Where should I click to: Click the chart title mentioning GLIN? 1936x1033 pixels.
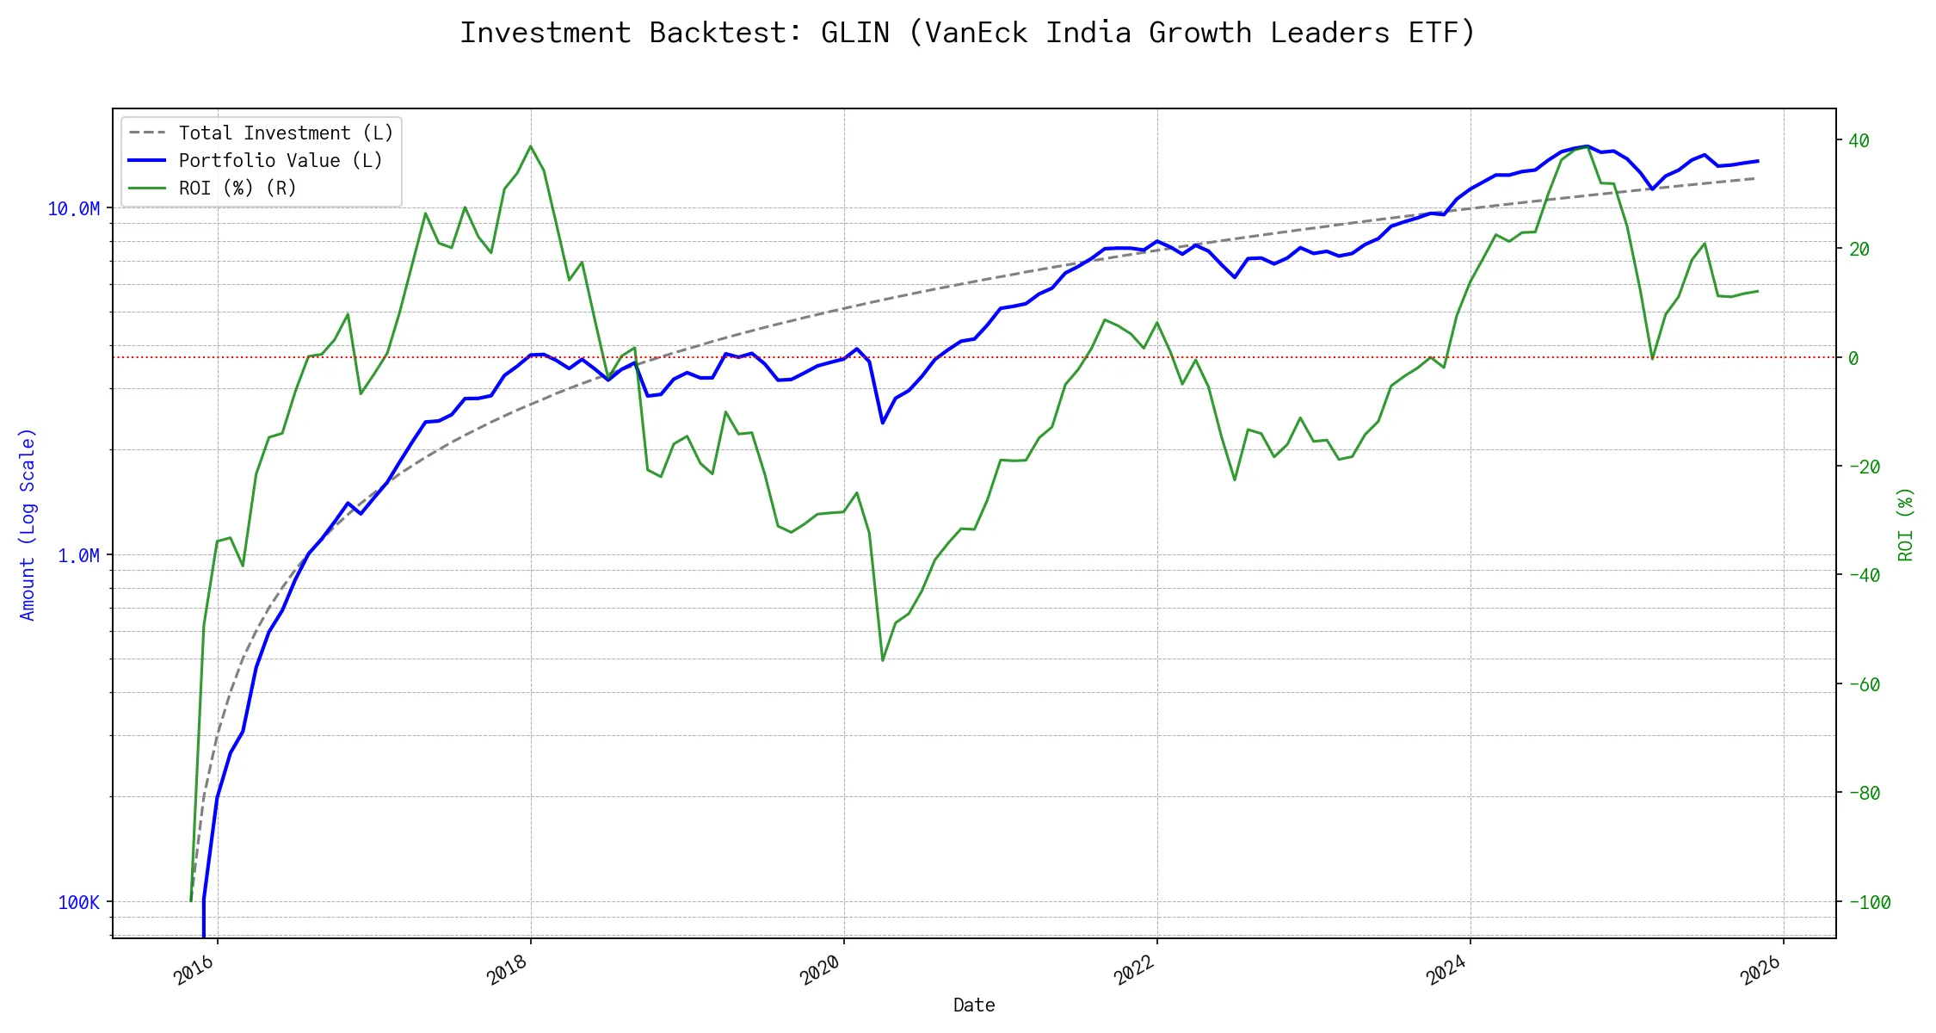tap(967, 33)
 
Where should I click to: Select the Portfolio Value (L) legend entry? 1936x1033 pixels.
tap(281, 161)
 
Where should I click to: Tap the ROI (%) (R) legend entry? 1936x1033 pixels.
tap(237, 189)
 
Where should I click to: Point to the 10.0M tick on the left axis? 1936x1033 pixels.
tap(73, 209)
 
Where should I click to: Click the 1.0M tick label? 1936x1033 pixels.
tap(78, 556)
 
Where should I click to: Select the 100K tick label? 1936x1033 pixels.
tap(78, 903)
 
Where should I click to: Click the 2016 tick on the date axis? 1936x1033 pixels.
tap(194, 972)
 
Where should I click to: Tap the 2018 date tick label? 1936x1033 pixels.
tap(507, 972)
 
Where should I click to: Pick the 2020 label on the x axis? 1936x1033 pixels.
tap(820, 972)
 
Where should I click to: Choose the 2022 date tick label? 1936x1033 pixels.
tap(1133, 972)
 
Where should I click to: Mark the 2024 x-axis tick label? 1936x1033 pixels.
tap(1446, 972)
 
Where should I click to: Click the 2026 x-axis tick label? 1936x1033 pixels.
tap(1760, 972)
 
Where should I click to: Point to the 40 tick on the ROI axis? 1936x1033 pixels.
tap(1859, 141)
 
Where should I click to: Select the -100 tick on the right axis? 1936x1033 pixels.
tap(1869, 903)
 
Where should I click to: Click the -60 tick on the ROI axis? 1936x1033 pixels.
tap(1864, 685)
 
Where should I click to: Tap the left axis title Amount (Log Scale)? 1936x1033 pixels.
tap(28, 524)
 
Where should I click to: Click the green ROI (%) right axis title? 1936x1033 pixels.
tap(1906, 524)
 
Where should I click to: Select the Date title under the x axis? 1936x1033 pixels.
tap(974, 1005)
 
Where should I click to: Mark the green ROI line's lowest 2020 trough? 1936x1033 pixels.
tap(883, 660)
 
